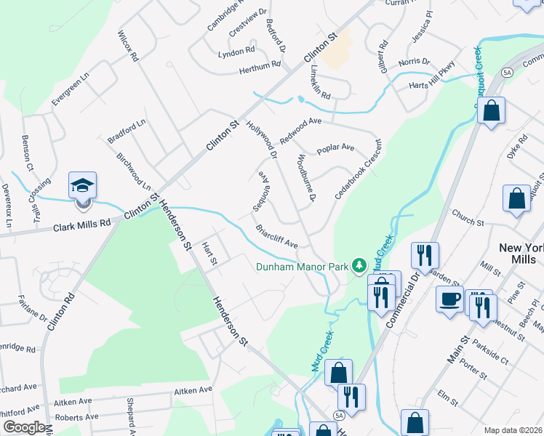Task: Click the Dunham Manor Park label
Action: coord(303,267)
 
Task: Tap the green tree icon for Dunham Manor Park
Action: coord(359,266)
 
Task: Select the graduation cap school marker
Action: coord(82,187)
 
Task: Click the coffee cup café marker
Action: coord(450,299)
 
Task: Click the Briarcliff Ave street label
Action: coord(277,237)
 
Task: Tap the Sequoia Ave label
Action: coord(262,190)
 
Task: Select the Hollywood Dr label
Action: coord(263,140)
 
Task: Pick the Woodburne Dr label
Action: coord(305,177)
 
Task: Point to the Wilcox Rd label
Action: coord(127,46)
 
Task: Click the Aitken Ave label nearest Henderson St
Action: coord(193,391)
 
